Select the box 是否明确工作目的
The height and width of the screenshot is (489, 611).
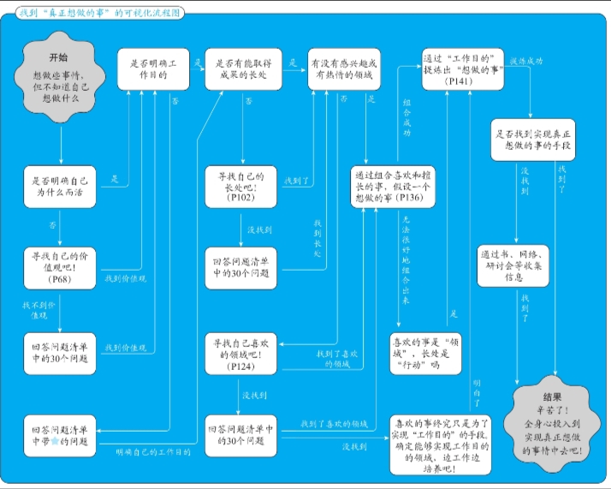[x=154, y=69]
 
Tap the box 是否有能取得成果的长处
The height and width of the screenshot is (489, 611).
[x=244, y=69]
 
